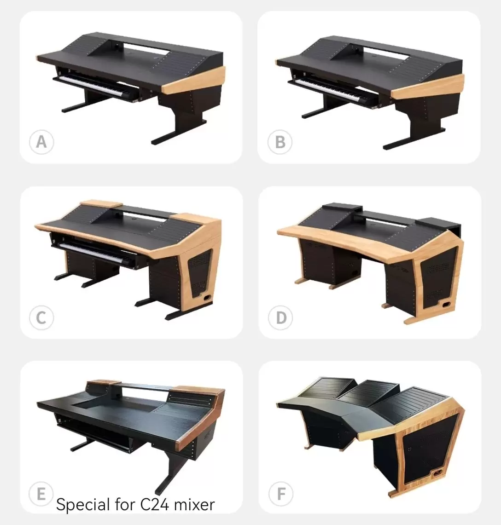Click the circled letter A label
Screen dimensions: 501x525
(41, 142)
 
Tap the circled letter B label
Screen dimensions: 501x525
(280, 142)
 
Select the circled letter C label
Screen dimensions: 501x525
(41, 318)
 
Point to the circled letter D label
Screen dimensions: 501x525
(280, 318)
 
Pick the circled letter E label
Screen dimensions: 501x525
(41, 494)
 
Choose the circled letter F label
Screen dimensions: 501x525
(281, 494)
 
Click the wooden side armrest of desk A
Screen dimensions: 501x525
(194, 80)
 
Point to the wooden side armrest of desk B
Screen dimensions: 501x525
(428, 87)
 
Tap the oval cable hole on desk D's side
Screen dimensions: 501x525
(446, 305)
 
